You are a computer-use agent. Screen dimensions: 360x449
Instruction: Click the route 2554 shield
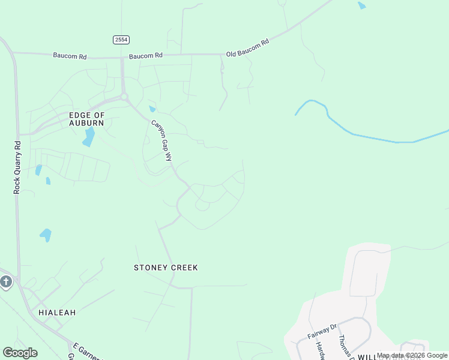tap(121, 39)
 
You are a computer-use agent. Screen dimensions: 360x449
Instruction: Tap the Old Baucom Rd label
tap(247, 48)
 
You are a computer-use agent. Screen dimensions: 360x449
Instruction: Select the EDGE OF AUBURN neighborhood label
tap(86, 118)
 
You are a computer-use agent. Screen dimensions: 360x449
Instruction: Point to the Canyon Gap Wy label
tap(161, 140)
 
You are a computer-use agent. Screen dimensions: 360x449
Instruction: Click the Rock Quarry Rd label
tap(17, 167)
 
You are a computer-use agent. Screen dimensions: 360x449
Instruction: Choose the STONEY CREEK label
tap(165, 268)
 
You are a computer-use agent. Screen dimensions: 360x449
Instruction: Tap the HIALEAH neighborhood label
tap(57, 313)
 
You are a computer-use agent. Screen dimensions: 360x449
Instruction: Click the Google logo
tap(20, 353)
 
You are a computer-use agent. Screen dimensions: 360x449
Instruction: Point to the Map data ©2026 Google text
tap(412, 355)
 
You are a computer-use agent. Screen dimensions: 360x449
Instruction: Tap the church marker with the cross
tap(5, 282)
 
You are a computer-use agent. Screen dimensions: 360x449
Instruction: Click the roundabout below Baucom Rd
tap(124, 97)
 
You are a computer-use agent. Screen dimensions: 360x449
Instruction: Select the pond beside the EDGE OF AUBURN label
tap(89, 137)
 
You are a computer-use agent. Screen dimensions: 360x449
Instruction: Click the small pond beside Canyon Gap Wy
tap(152, 109)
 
